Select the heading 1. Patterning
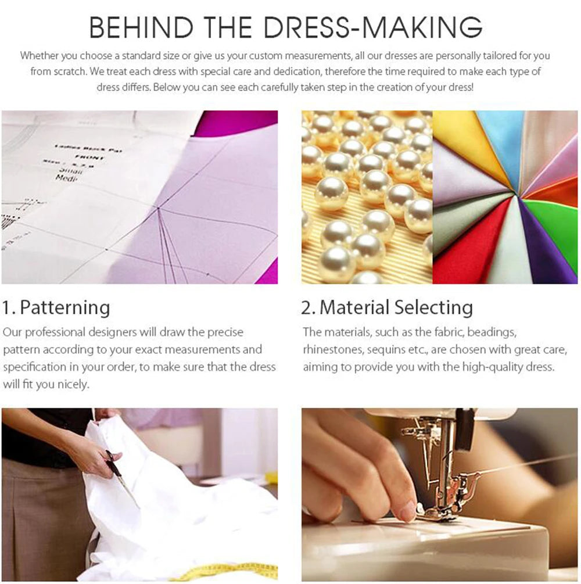[x=56, y=307]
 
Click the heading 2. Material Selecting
[x=387, y=307]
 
